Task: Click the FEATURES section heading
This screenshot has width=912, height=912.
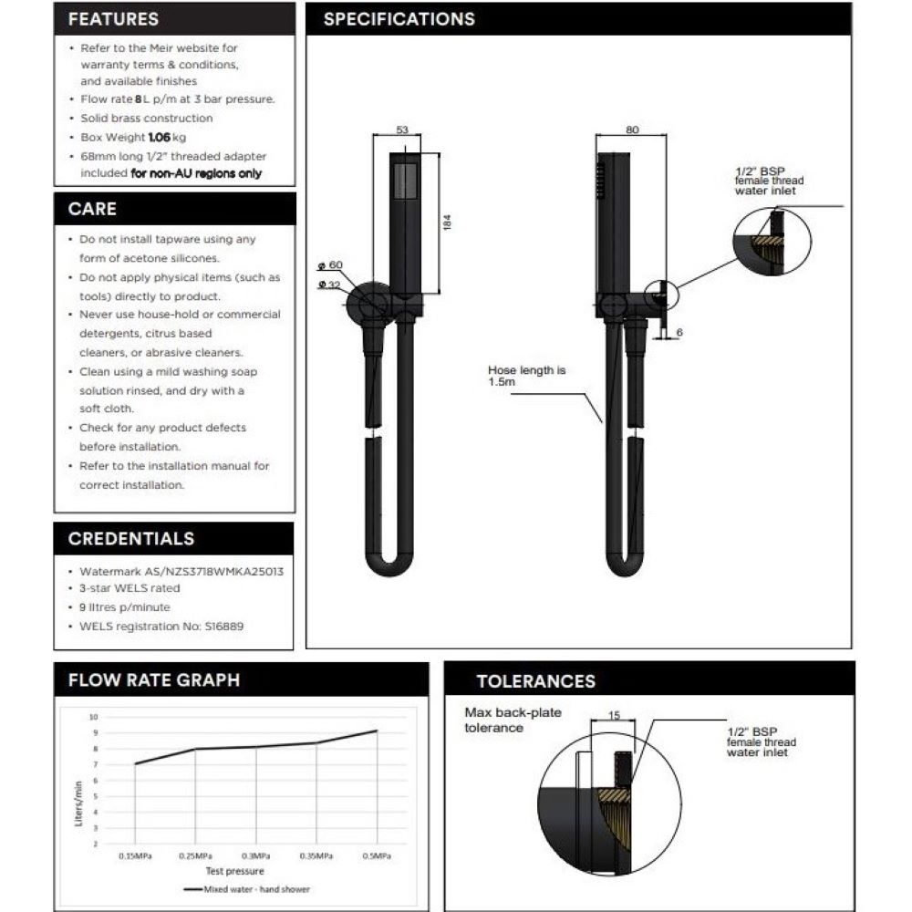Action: [x=113, y=19]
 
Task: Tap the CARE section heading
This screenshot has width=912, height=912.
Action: [x=92, y=209]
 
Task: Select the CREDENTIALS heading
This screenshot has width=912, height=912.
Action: [x=131, y=539]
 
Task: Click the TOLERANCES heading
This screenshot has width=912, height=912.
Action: [x=535, y=681]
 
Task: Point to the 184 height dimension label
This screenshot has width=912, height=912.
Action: [x=447, y=223]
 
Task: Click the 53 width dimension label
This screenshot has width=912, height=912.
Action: [x=402, y=130]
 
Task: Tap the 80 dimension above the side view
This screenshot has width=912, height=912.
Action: [x=632, y=130]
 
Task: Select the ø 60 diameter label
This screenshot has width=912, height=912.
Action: [x=330, y=265]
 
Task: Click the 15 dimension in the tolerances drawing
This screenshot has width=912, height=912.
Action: [x=614, y=715]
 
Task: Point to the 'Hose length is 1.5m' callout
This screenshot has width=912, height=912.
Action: [x=526, y=376]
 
